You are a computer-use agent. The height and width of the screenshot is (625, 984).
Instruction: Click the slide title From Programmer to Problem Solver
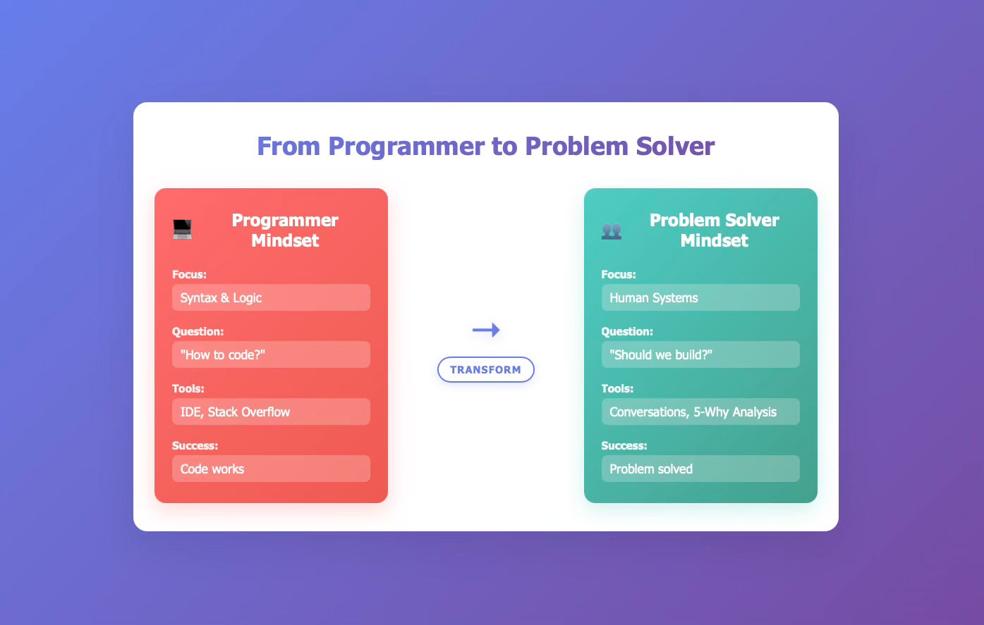click(485, 147)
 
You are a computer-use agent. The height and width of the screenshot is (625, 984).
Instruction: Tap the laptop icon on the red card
click(183, 230)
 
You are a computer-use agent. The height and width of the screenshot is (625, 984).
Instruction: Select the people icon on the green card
click(612, 230)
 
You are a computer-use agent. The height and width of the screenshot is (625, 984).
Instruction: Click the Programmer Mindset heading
click(285, 230)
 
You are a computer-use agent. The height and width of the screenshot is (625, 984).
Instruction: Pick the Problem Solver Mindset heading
click(714, 230)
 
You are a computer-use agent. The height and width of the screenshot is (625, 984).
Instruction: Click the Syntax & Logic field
click(271, 298)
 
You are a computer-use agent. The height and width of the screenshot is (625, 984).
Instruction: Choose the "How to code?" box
click(271, 355)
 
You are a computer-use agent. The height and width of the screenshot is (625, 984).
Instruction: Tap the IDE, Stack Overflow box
click(271, 412)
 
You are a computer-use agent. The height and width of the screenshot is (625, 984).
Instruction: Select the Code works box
click(271, 469)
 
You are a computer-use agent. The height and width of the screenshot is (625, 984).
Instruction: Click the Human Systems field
click(700, 298)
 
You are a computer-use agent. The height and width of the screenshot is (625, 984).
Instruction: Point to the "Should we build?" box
click(700, 355)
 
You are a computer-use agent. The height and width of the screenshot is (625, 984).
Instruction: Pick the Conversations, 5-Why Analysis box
click(700, 412)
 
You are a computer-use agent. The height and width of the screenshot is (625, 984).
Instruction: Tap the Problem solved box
click(700, 469)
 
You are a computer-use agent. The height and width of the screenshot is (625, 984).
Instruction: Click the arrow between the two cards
click(486, 330)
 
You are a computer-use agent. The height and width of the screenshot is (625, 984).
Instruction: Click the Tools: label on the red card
click(188, 389)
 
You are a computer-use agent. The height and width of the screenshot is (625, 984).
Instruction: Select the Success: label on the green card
click(624, 446)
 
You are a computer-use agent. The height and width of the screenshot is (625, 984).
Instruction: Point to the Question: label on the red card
click(198, 332)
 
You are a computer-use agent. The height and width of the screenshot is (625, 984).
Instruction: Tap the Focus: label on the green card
click(619, 275)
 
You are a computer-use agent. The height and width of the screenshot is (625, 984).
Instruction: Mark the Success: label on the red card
click(195, 446)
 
